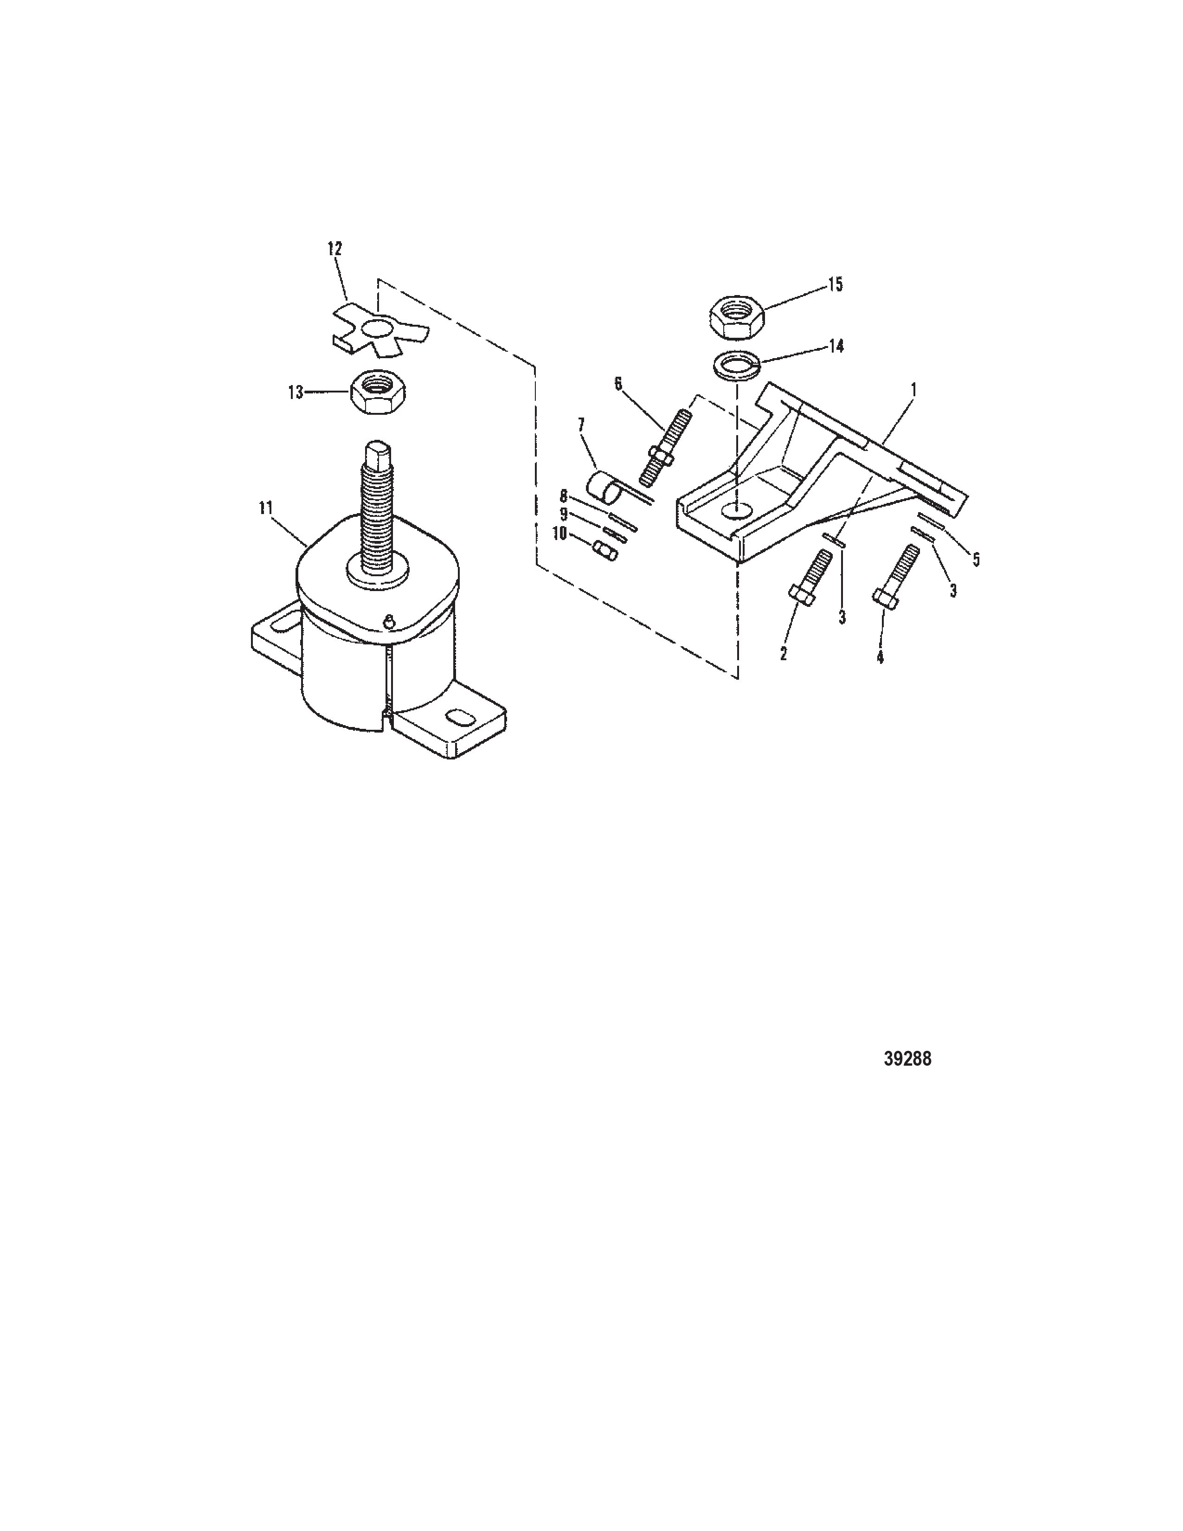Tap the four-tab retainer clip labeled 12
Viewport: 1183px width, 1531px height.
379,329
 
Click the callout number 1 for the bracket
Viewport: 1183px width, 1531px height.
913,388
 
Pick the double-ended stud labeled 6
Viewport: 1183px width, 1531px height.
662,449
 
